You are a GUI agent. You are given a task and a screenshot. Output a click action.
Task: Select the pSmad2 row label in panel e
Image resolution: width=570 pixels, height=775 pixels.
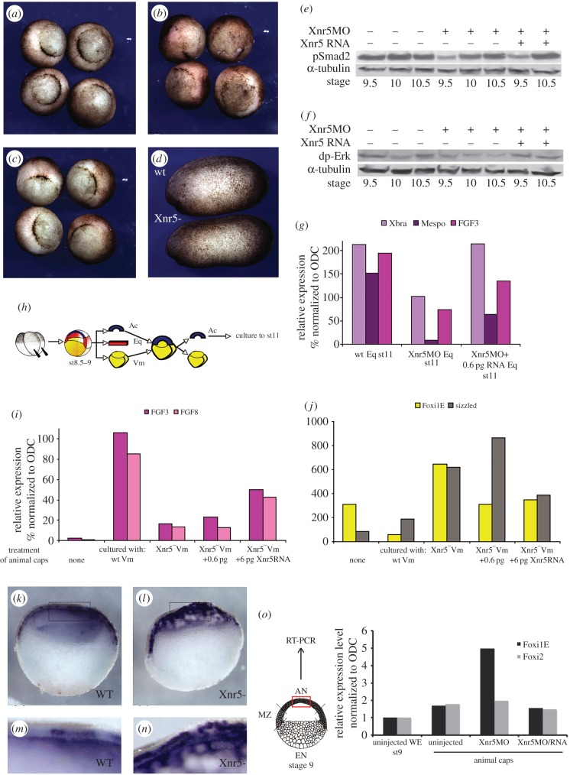click(x=296, y=56)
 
